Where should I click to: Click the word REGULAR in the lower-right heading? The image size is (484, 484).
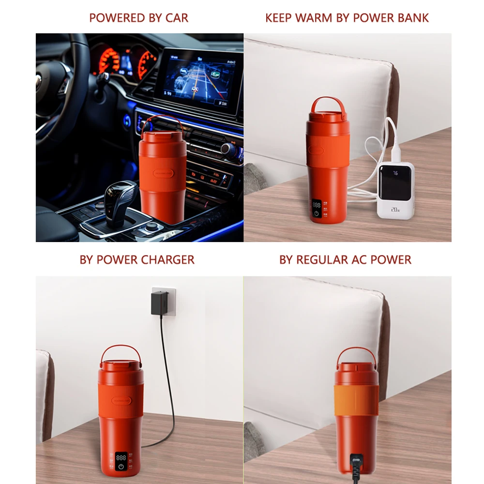click(x=321, y=259)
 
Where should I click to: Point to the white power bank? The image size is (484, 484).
click(x=396, y=189)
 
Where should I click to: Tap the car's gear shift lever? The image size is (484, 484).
click(x=119, y=198)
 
